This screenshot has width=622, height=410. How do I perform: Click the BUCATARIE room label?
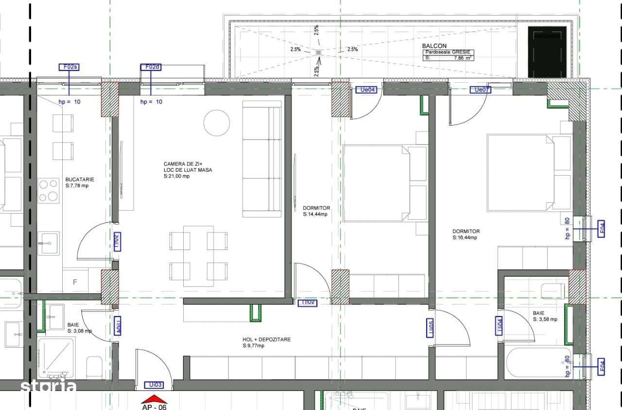80,179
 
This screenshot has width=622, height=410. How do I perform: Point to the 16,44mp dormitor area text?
466,238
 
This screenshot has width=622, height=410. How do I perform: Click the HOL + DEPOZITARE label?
266,339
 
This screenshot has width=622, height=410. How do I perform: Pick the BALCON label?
434,46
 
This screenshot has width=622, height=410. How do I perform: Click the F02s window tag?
69,67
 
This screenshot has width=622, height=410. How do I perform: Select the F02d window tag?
151,67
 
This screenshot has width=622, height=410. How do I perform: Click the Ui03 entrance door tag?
155,385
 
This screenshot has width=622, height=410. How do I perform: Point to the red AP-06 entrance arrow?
154,399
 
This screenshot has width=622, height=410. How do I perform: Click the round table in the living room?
216,123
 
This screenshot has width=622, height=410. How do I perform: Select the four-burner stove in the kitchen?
49,190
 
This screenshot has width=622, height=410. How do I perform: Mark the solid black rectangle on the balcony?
548,52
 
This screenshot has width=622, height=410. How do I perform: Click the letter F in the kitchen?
75,282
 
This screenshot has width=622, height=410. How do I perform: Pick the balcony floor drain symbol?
318,52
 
